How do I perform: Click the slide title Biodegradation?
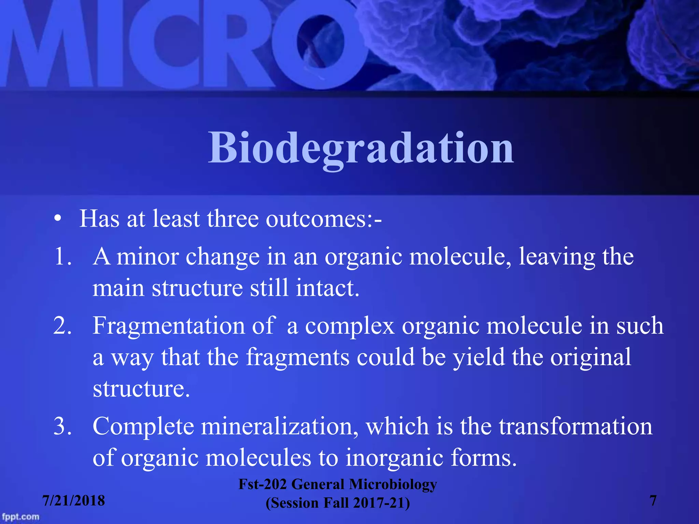tap(361, 148)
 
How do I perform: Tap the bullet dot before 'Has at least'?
tap(58, 219)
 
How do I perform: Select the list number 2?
tap(62, 325)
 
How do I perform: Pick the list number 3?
tap(62, 426)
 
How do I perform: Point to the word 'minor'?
tap(147, 256)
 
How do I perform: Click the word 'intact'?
tap(327, 288)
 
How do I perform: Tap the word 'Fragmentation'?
tap(169, 325)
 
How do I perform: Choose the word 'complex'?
tap(349, 326)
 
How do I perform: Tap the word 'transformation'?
tap(575, 426)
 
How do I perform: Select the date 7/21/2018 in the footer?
tap(73, 500)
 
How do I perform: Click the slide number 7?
tap(653, 500)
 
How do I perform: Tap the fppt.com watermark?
tap(20, 516)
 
